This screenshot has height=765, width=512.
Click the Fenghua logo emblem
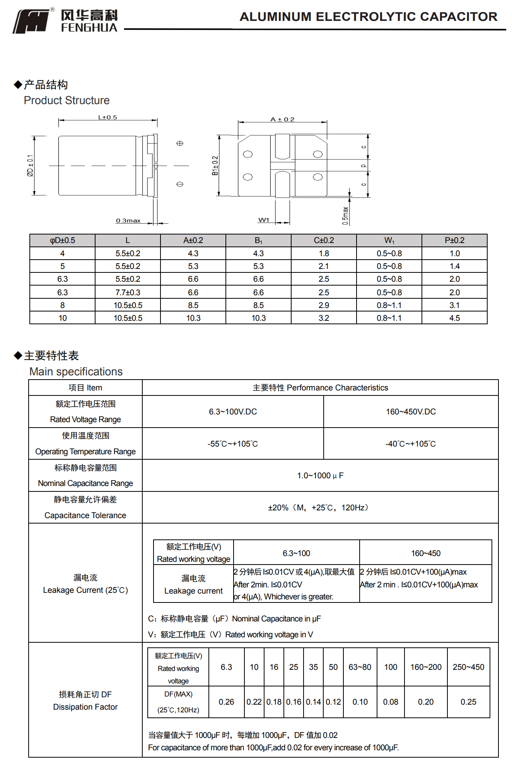pyautogui.click(x=32, y=21)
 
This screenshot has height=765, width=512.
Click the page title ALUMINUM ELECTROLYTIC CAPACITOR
pyautogui.click(x=368, y=17)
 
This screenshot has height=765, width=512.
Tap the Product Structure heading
pyautogui.click(x=67, y=101)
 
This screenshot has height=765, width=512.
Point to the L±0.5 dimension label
pyautogui.click(x=108, y=118)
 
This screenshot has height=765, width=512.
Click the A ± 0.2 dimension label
pyautogui.click(x=282, y=120)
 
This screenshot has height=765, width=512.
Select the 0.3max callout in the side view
pyautogui.click(x=128, y=221)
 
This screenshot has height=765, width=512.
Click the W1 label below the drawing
pyautogui.click(x=264, y=220)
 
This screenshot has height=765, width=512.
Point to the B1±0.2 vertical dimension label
pyautogui.click(x=215, y=166)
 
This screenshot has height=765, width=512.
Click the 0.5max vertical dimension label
pyautogui.click(x=345, y=216)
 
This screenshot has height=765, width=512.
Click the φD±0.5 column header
pyautogui.click(x=62, y=240)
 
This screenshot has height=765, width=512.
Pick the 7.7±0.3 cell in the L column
pyautogui.click(x=128, y=293)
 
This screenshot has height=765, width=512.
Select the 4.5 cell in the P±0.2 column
pyautogui.click(x=454, y=318)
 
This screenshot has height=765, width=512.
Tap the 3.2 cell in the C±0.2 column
pyautogui.click(x=324, y=318)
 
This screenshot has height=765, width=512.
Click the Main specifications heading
pyautogui.click(x=76, y=372)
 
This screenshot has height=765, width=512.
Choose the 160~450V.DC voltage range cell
pyautogui.click(x=411, y=412)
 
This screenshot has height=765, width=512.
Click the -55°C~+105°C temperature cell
pyautogui.click(x=232, y=444)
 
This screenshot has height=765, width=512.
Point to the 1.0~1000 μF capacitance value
pyautogui.click(x=320, y=476)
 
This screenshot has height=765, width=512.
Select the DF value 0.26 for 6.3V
pyautogui.click(x=226, y=702)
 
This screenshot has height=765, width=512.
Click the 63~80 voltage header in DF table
pyautogui.click(x=360, y=667)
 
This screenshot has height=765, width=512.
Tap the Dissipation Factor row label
pyautogui.click(x=85, y=707)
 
